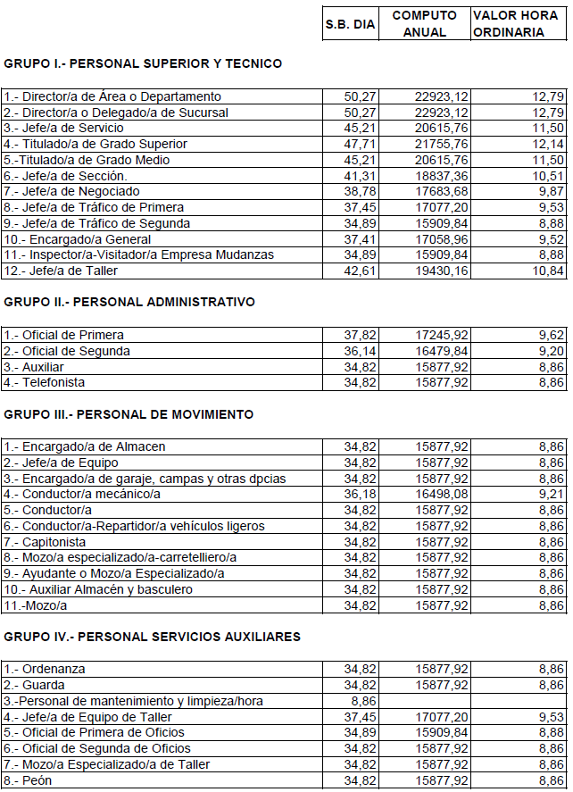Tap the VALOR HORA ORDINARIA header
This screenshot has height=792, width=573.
[x=520, y=24]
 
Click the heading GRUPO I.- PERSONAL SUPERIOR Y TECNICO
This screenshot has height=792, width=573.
[x=143, y=63]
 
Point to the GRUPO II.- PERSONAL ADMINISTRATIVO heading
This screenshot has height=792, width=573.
[x=129, y=302]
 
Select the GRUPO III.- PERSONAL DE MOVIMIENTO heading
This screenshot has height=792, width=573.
[x=129, y=414]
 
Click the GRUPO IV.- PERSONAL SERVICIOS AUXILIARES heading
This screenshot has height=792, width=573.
[x=152, y=637]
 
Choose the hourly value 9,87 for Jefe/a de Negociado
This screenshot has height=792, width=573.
[x=550, y=191]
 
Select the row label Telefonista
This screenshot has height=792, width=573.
[x=44, y=382]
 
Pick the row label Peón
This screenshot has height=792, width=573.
[x=31, y=780]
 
